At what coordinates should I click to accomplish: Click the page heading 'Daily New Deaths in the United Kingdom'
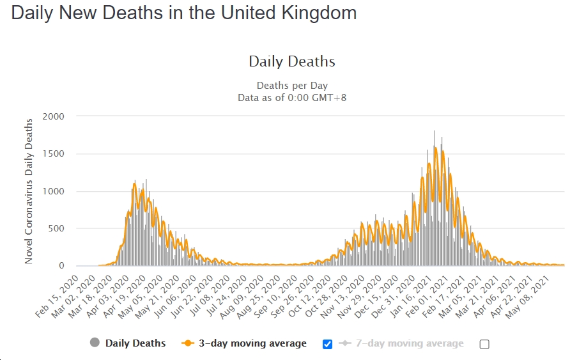(184, 13)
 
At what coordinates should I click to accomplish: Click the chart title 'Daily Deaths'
(292, 62)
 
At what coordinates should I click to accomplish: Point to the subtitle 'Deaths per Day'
(292, 86)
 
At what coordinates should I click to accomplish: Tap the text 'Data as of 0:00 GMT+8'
(292, 98)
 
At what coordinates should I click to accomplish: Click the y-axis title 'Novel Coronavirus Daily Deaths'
(29, 191)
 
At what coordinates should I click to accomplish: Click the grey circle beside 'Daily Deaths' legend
(95, 343)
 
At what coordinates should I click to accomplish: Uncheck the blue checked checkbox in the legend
(328, 344)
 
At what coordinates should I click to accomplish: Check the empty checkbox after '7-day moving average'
(484, 344)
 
